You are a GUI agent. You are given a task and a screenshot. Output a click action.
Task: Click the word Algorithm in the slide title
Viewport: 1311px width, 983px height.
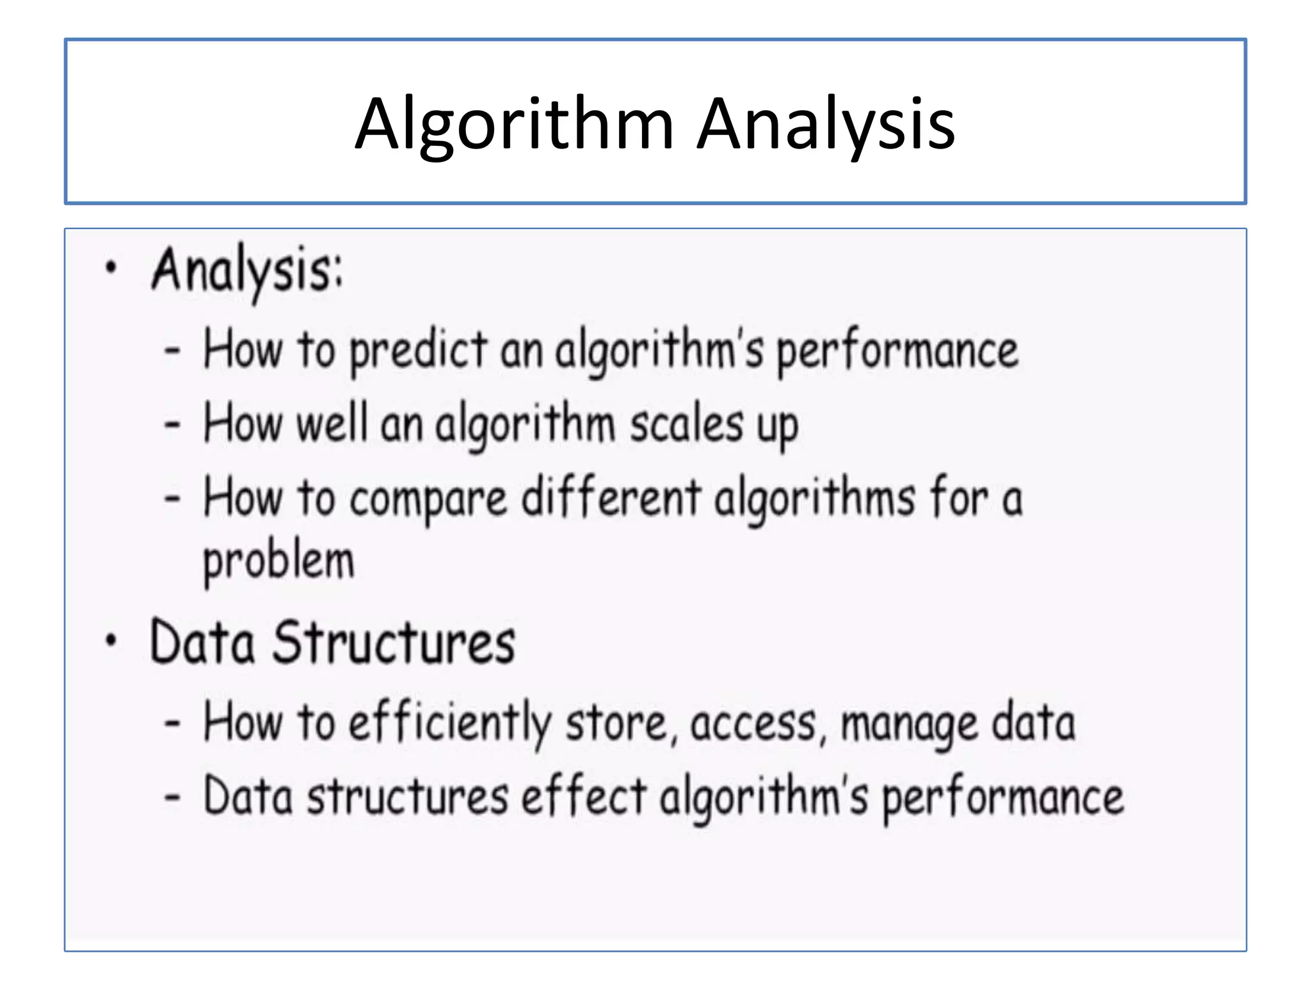click(x=514, y=124)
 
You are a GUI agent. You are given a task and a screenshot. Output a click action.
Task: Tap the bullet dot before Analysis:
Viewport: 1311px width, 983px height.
click(x=111, y=268)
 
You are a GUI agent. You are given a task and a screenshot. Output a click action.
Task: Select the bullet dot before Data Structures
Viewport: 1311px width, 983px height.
click(x=111, y=639)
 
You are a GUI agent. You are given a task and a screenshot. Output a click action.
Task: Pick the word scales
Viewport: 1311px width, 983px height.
click(x=687, y=424)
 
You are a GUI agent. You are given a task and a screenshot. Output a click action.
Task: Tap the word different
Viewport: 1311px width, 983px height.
click(x=611, y=498)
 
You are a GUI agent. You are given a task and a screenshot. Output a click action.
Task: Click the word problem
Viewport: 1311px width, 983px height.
click(x=278, y=562)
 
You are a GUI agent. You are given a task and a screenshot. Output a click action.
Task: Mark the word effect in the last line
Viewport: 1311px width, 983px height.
click(x=583, y=797)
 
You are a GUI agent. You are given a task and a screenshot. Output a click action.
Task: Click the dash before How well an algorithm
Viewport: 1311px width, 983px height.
click(x=172, y=424)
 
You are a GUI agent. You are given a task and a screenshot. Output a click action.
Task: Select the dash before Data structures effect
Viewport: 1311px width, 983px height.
click(x=172, y=797)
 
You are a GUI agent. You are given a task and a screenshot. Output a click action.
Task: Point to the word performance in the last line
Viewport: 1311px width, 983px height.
click(x=1003, y=799)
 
